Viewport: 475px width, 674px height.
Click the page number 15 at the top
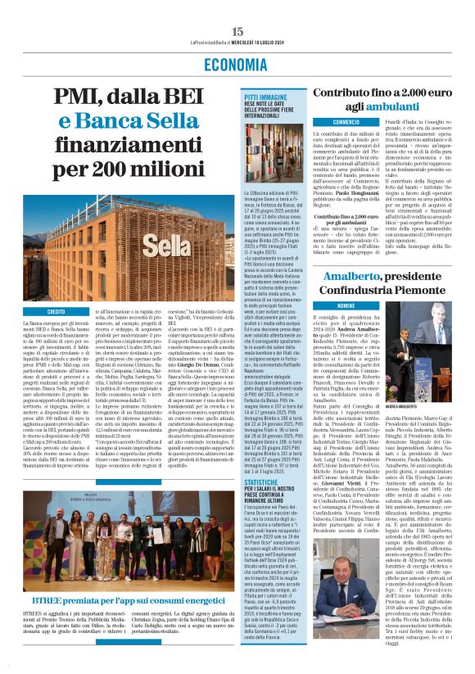point(237,7)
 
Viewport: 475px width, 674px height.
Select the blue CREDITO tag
point(56,312)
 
